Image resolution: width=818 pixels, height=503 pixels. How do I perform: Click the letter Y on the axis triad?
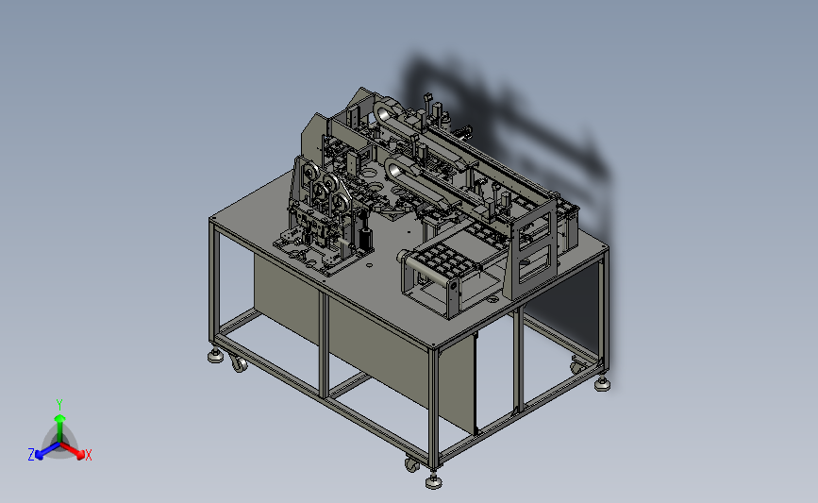(x=58, y=405)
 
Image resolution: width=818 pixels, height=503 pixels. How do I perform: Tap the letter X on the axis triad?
(x=88, y=455)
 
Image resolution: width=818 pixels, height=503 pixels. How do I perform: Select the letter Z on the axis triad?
(x=31, y=455)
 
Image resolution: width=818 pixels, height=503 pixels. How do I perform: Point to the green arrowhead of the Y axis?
(x=59, y=418)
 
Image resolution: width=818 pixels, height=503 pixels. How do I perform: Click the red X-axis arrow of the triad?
(x=73, y=450)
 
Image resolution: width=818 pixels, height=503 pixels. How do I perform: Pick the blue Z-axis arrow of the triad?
(x=47, y=450)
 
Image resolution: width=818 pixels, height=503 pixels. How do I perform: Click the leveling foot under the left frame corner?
(x=215, y=357)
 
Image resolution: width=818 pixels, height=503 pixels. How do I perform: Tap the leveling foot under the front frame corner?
(x=433, y=481)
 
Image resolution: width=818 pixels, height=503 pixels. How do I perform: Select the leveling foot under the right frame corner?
(x=602, y=385)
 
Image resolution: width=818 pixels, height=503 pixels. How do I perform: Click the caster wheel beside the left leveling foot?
(x=238, y=362)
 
